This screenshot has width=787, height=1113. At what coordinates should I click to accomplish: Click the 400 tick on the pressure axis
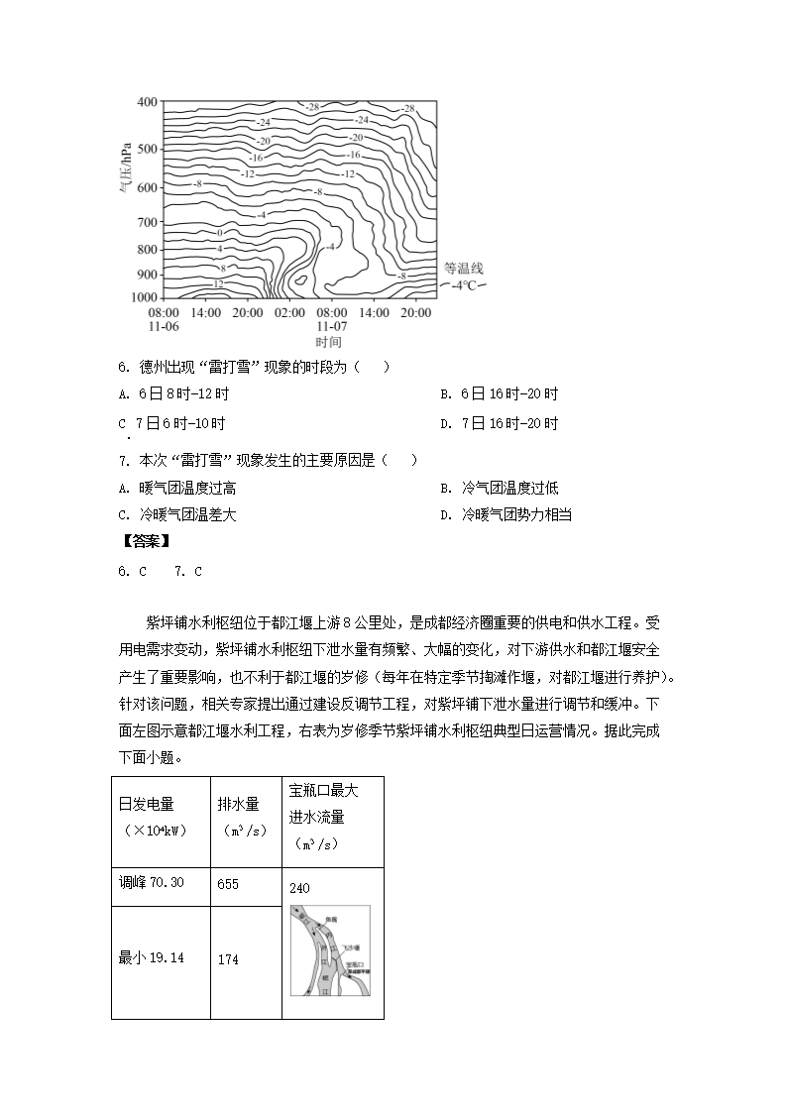tap(146, 102)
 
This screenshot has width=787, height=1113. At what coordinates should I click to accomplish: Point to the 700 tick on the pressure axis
tap(146, 221)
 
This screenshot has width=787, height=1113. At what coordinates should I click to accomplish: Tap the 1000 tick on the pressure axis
tap(144, 296)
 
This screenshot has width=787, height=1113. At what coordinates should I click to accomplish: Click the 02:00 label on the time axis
tap(289, 312)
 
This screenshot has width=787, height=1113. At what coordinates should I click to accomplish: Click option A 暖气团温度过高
tap(176, 488)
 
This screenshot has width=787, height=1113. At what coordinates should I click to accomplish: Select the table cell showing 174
tap(228, 959)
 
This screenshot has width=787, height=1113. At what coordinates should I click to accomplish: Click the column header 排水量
tap(238, 804)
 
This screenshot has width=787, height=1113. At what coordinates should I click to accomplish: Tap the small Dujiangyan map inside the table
tap(331, 949)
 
